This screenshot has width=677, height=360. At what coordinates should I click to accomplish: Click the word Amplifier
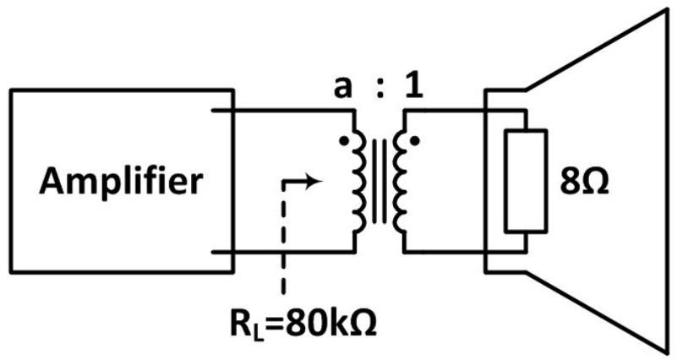pos(121,183)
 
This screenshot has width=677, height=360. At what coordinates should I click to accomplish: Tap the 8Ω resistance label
pos(584,183)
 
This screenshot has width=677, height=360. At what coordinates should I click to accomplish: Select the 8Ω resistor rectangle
pos(527,181)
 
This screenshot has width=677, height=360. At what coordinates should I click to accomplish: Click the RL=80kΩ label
pos(303,323)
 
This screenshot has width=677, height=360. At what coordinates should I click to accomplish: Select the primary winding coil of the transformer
pos(359,181)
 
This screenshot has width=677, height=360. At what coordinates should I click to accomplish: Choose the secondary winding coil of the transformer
pos(399,181)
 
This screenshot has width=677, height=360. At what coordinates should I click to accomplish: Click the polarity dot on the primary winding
pos(343,141)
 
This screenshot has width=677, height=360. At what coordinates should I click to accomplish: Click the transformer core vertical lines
pos(379,181)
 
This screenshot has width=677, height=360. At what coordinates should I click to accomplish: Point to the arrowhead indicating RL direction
pos(315,182)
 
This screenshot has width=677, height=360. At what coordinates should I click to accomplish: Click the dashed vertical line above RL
pos(284,237)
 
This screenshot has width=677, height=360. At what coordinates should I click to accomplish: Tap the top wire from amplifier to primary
pos(283,111)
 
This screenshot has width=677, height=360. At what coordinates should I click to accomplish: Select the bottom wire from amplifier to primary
pos(283,252)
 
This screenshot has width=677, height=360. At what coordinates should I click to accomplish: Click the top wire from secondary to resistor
pos(465,111)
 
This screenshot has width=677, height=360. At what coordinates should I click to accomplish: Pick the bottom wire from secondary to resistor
pos(465,252)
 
